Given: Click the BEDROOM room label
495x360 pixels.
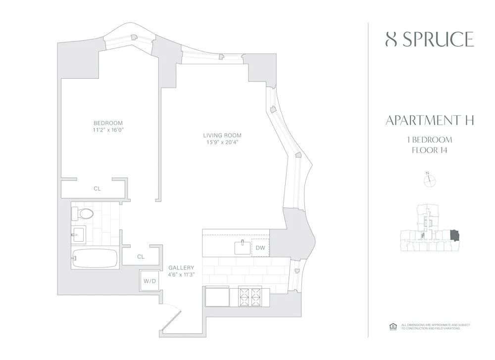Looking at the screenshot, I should pos(108,123).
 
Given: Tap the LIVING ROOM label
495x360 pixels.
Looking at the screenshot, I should pos(222,135).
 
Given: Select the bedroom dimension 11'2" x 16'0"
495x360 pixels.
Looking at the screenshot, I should pos(108,130).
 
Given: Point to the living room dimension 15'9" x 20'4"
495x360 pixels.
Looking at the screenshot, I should pos(222,143).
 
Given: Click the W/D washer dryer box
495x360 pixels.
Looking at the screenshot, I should pos(149,281).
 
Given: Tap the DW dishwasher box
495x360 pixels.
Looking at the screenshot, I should pos(260,248).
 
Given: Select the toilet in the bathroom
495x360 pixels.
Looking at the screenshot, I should pos(84,214).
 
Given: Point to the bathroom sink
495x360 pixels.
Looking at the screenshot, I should pos(78,235).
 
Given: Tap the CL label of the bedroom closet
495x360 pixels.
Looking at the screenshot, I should pos(98,189).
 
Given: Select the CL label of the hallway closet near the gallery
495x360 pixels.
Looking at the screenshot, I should pos(141,257).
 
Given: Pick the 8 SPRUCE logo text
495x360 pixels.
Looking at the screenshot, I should pos(429,40).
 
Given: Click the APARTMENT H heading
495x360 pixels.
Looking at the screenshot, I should pos(429,120).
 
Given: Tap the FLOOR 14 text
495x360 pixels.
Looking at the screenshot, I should pos(429,151).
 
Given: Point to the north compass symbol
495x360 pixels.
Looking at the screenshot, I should pos(429,181).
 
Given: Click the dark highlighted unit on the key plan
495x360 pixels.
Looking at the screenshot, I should pos(454,235).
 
